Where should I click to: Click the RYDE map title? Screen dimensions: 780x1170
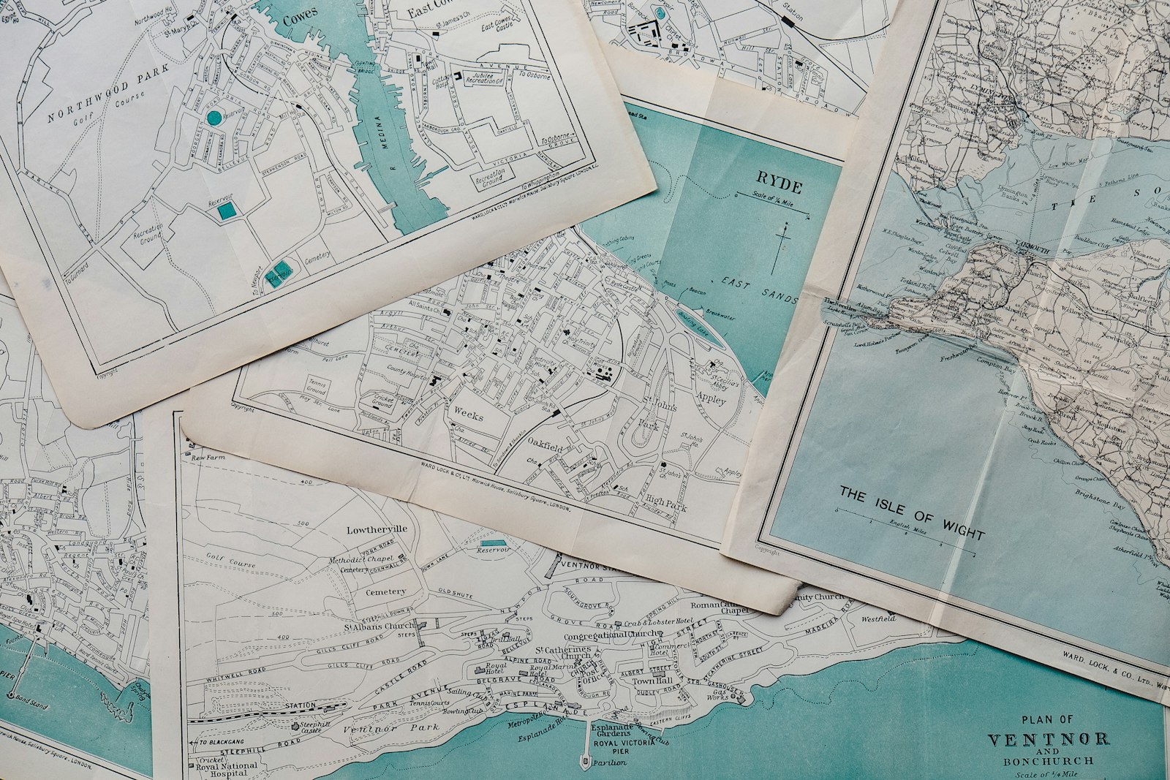pos(779,181)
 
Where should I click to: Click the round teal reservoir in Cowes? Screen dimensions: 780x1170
pos(214,118)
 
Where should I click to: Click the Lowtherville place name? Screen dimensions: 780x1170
pos(377,529)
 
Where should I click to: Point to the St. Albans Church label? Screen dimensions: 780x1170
pos(380,627)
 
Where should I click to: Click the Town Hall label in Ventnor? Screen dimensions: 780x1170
pos(652,681)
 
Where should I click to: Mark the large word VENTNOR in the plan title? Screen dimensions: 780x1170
pos(1048,739)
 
